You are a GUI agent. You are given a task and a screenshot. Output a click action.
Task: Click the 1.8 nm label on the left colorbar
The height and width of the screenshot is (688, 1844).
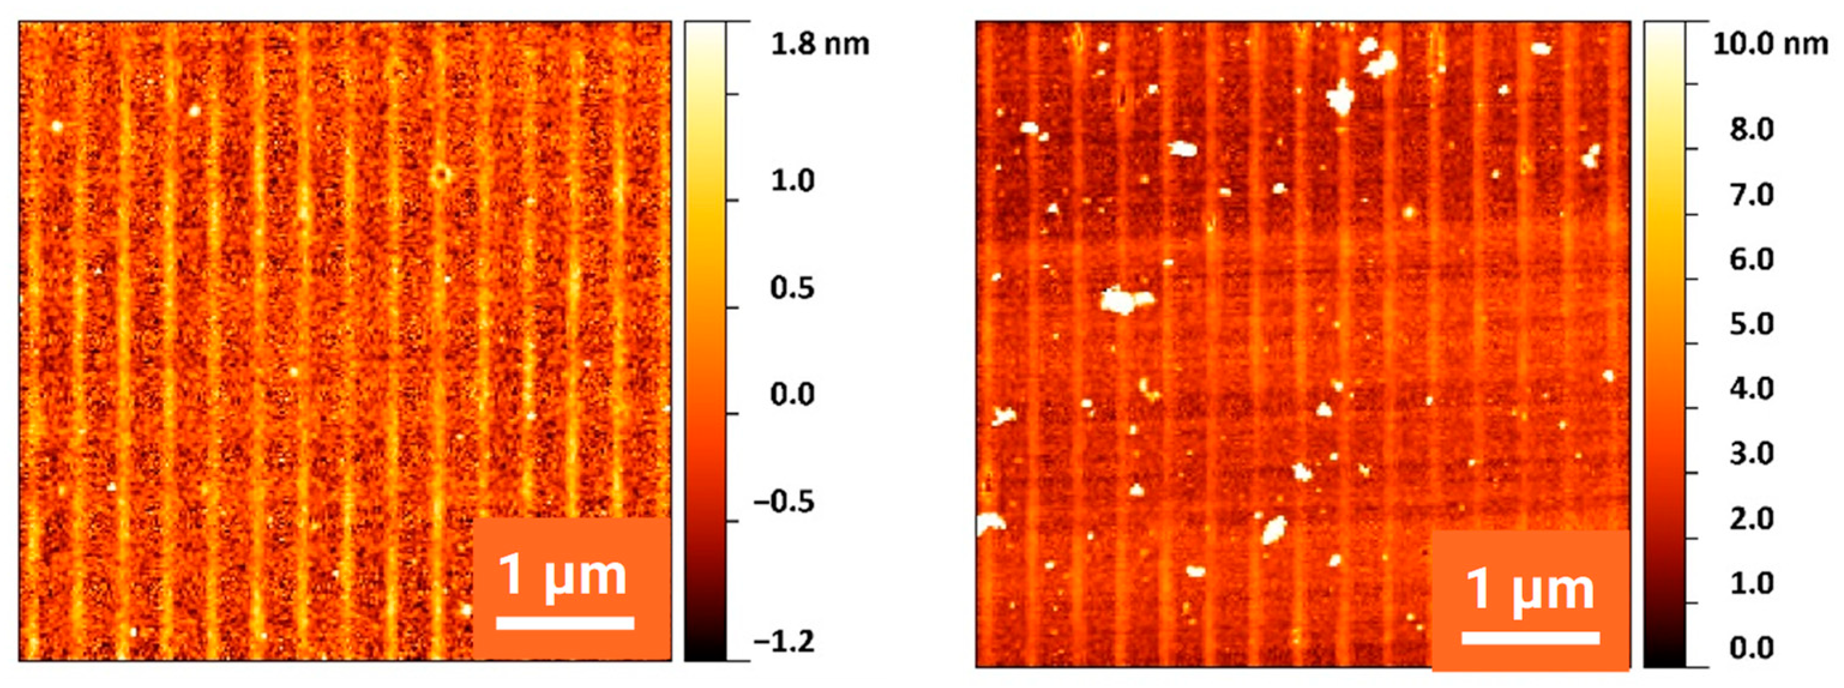coord(819,44)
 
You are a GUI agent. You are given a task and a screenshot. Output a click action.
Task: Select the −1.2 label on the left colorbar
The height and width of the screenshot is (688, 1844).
coord(784,641)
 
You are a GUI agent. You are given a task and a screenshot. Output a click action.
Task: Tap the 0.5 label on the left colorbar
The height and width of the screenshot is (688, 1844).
coord(793,288)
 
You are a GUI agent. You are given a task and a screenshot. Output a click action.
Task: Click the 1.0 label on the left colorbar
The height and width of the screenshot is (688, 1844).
coord(793,180)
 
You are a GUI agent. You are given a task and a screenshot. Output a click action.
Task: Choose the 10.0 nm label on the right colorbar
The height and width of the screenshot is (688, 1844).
coord(1770,44)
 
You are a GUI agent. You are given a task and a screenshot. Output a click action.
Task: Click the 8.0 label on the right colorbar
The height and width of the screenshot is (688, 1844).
coord(1752,130)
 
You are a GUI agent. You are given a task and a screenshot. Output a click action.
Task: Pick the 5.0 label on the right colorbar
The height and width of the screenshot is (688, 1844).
coord(1752,324)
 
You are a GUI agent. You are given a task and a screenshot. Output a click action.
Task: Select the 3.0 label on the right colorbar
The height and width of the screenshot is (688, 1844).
coord(1752,454)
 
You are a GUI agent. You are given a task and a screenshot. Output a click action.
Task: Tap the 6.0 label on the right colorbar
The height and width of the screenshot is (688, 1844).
coord(1752,259)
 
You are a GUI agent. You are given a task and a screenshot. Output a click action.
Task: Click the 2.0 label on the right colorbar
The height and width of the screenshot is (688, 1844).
coord(1752,518)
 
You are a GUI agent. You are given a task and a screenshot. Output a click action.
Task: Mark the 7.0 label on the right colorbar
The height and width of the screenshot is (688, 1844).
coord(1752,195)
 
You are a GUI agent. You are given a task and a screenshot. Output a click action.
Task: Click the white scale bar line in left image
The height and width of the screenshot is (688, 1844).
coord(565,623)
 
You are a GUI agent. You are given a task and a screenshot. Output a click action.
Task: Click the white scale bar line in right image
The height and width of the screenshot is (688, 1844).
coord(1530,638)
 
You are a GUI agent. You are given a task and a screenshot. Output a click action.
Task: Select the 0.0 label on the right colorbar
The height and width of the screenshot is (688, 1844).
coord(1752,648)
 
